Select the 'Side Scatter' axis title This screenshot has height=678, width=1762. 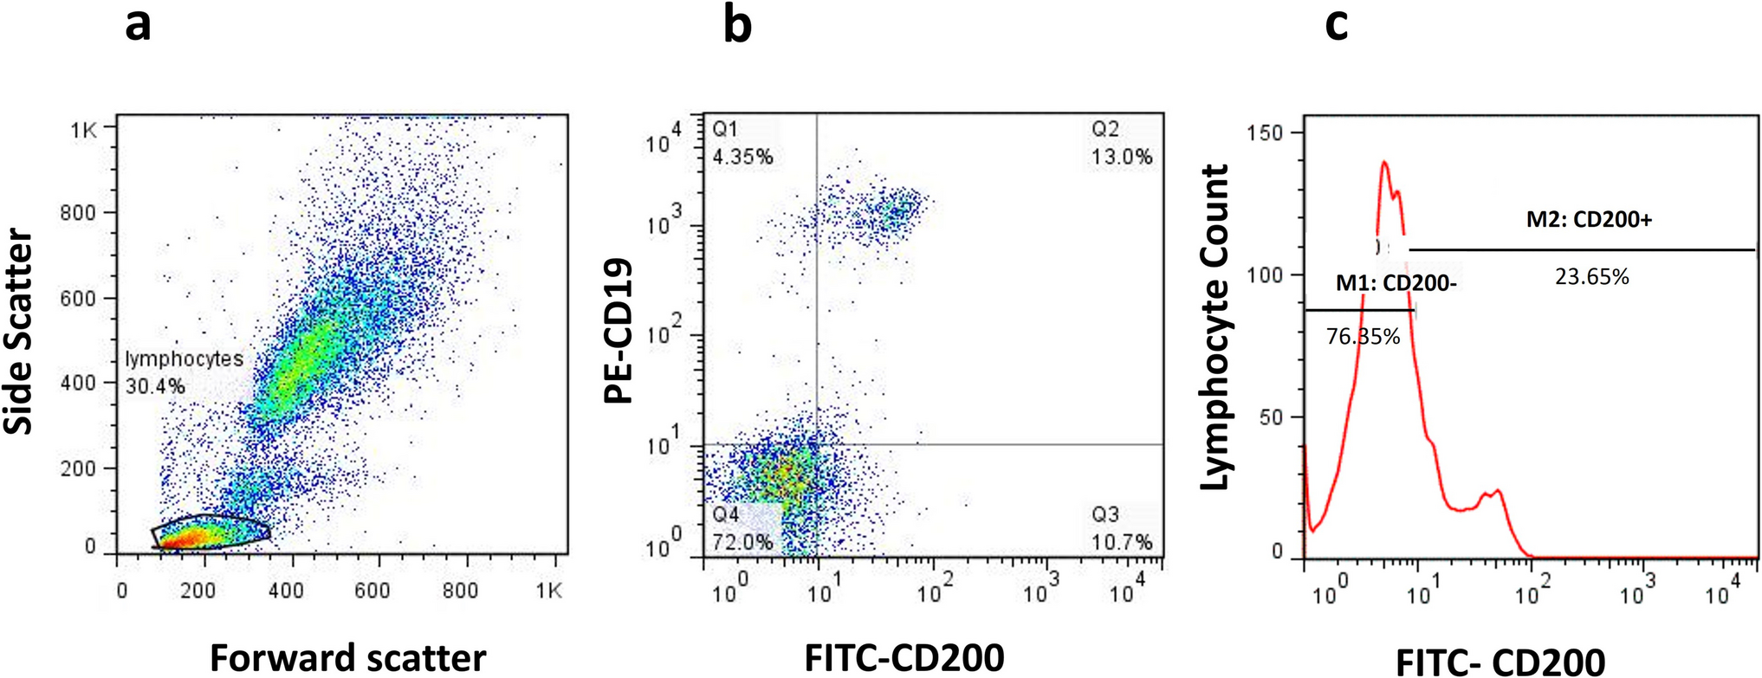(x=19, y=332)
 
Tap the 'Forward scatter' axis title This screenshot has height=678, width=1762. (x=347, y=658)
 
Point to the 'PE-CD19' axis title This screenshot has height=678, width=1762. (x=619, y=332)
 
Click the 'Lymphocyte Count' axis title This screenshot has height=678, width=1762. (x=1216, y=327)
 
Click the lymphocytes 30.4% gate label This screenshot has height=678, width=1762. (x=183, y=371)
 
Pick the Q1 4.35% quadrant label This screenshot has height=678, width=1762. (x=742, y=143)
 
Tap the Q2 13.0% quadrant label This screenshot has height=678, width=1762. (x=1121, y=143)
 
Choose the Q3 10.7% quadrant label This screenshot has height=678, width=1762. (x=1121, y=528)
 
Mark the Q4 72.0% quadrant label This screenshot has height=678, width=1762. (x=742, y=528)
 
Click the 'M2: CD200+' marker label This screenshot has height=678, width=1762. (x=1589, y=220)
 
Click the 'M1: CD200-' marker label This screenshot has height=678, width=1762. (x=1396, y=282)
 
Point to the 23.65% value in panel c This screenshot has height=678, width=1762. (x=1591, y=277)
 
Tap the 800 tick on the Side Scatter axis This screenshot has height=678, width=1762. (x=77, y=212)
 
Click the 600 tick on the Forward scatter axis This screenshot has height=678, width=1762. (x=372, y=591)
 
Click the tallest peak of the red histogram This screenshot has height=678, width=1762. (x=1383, y=162)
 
